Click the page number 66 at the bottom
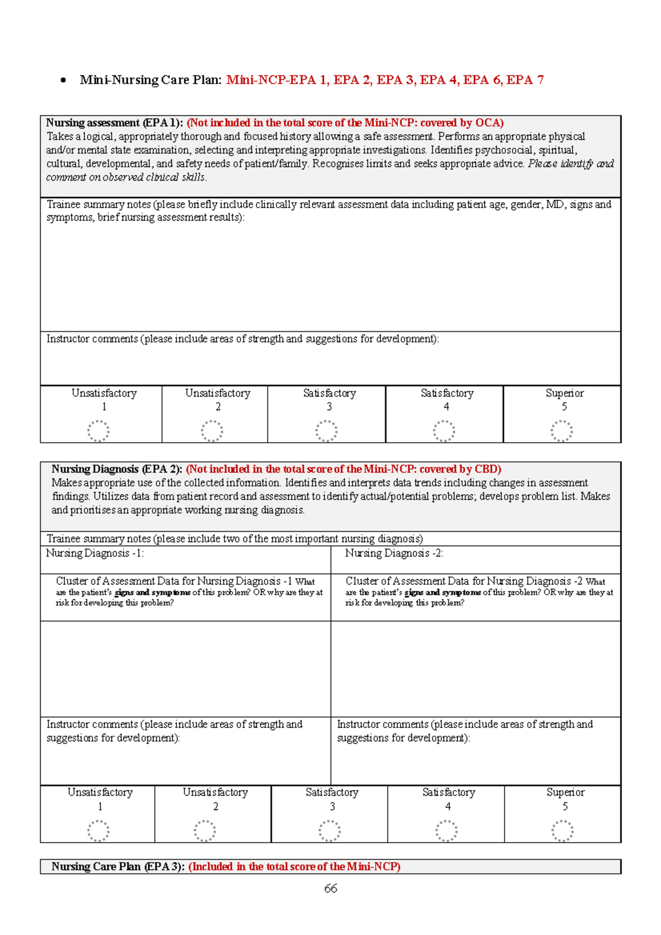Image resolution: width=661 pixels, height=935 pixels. click(x=330, y=888)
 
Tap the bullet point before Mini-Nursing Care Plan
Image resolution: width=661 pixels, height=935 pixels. click(x=63, y=80)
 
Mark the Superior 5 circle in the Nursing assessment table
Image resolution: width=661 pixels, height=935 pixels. click(x=562, y=431)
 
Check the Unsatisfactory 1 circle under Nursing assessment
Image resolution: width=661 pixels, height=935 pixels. click(x=99, y=431)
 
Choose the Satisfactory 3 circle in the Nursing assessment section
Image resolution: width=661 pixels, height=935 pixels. click(x=326, y=431)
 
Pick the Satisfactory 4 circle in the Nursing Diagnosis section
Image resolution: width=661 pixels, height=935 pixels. click(x=446, y=830)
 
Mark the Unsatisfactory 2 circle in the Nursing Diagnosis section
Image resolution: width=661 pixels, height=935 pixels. click(x=204, y=830)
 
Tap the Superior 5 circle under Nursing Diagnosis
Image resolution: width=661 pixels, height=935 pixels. click(x=562, y=830)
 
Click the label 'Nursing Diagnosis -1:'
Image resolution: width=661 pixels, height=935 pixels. click(x=95, y=553)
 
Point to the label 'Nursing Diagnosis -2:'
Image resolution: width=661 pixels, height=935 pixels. click(x=394, y=553)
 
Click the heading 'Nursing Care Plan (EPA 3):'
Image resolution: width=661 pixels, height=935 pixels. click(x=118, y=866)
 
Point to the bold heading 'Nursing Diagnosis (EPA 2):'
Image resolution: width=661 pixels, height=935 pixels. click(x=117, y=469)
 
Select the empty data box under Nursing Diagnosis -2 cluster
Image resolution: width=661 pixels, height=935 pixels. click(x=475, y=668)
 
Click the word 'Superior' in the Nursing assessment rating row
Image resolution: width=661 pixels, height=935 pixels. click(x=564, y=393)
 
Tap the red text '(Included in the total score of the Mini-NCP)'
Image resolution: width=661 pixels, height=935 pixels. click(x=294, y=866)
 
